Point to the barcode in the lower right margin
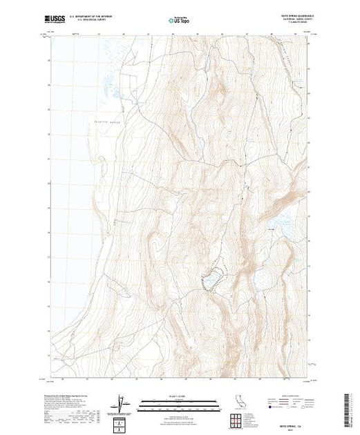(349, 403)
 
